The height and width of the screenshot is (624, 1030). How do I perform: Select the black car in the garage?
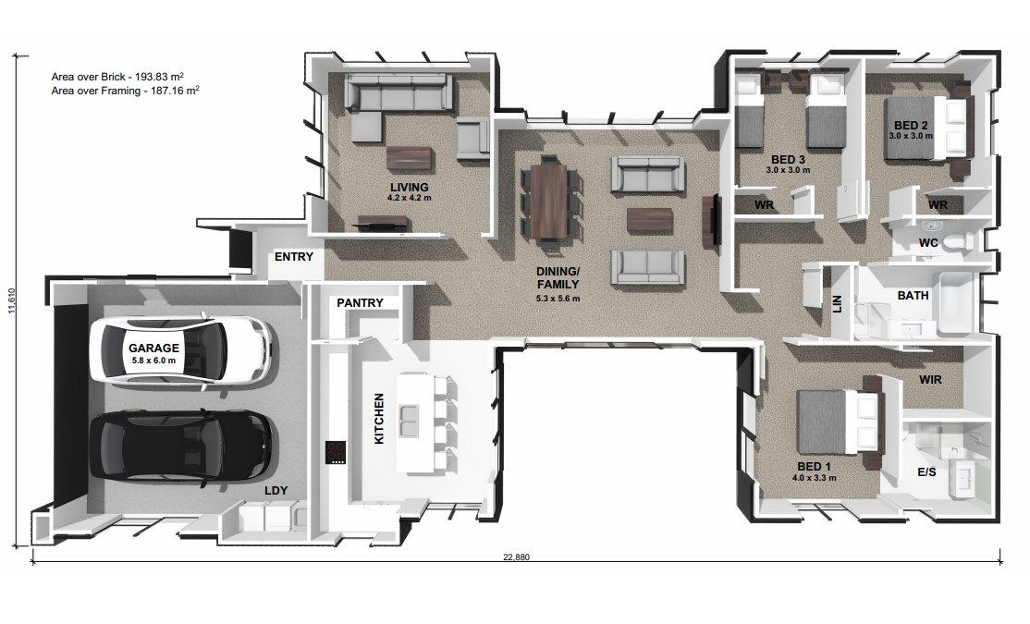point(180,446)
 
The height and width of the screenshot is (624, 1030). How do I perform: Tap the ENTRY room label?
point(294,257)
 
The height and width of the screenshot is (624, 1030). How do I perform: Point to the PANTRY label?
point(360,303)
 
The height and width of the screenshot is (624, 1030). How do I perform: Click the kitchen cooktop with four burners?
point(336,452)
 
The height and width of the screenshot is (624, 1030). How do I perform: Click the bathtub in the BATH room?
point(959,303)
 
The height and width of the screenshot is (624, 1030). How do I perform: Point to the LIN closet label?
point(837,304)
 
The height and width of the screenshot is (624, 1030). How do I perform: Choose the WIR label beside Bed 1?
point(930,380)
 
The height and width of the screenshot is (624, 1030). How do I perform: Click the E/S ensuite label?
point(926,471)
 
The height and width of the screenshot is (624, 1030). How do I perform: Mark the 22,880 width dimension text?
point(516,557)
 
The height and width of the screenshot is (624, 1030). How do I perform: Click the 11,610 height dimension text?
point(11,300)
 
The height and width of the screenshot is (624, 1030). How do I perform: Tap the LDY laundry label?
point(276,491)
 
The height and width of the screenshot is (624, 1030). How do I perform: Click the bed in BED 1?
point(839,421)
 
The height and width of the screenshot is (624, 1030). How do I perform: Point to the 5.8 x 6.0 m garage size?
point(153,361)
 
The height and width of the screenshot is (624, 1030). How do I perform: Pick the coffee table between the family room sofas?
point(650,221)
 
